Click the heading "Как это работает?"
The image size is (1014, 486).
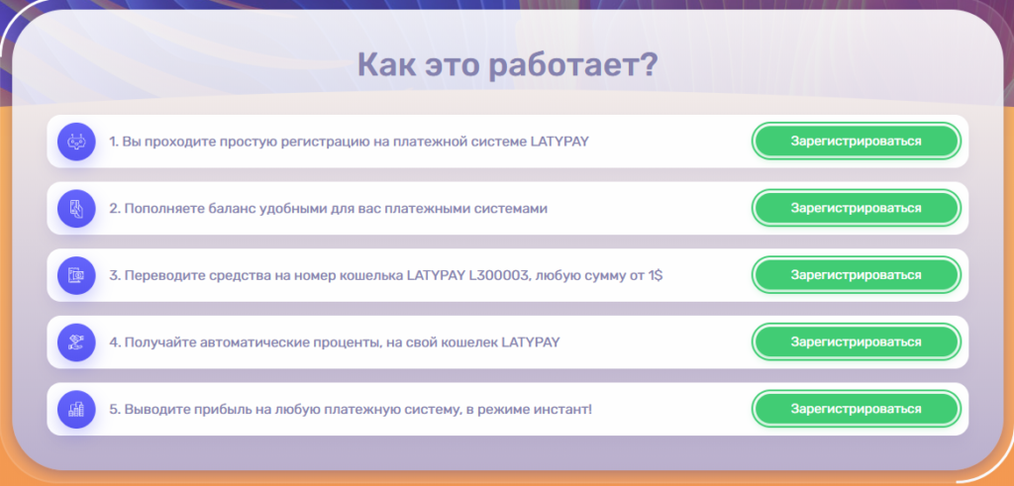507,65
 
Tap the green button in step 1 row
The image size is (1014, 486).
857,141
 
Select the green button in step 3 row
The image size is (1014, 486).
857,274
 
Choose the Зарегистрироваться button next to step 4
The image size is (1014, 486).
857,341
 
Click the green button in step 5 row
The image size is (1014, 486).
857,409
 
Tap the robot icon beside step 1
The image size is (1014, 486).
76,141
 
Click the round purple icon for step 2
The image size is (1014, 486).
76,208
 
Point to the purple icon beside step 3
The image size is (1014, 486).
76,275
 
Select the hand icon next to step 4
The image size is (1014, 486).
76,341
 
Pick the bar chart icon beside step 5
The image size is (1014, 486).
76,409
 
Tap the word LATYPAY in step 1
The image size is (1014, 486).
559,141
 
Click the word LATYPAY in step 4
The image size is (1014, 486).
531,341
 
